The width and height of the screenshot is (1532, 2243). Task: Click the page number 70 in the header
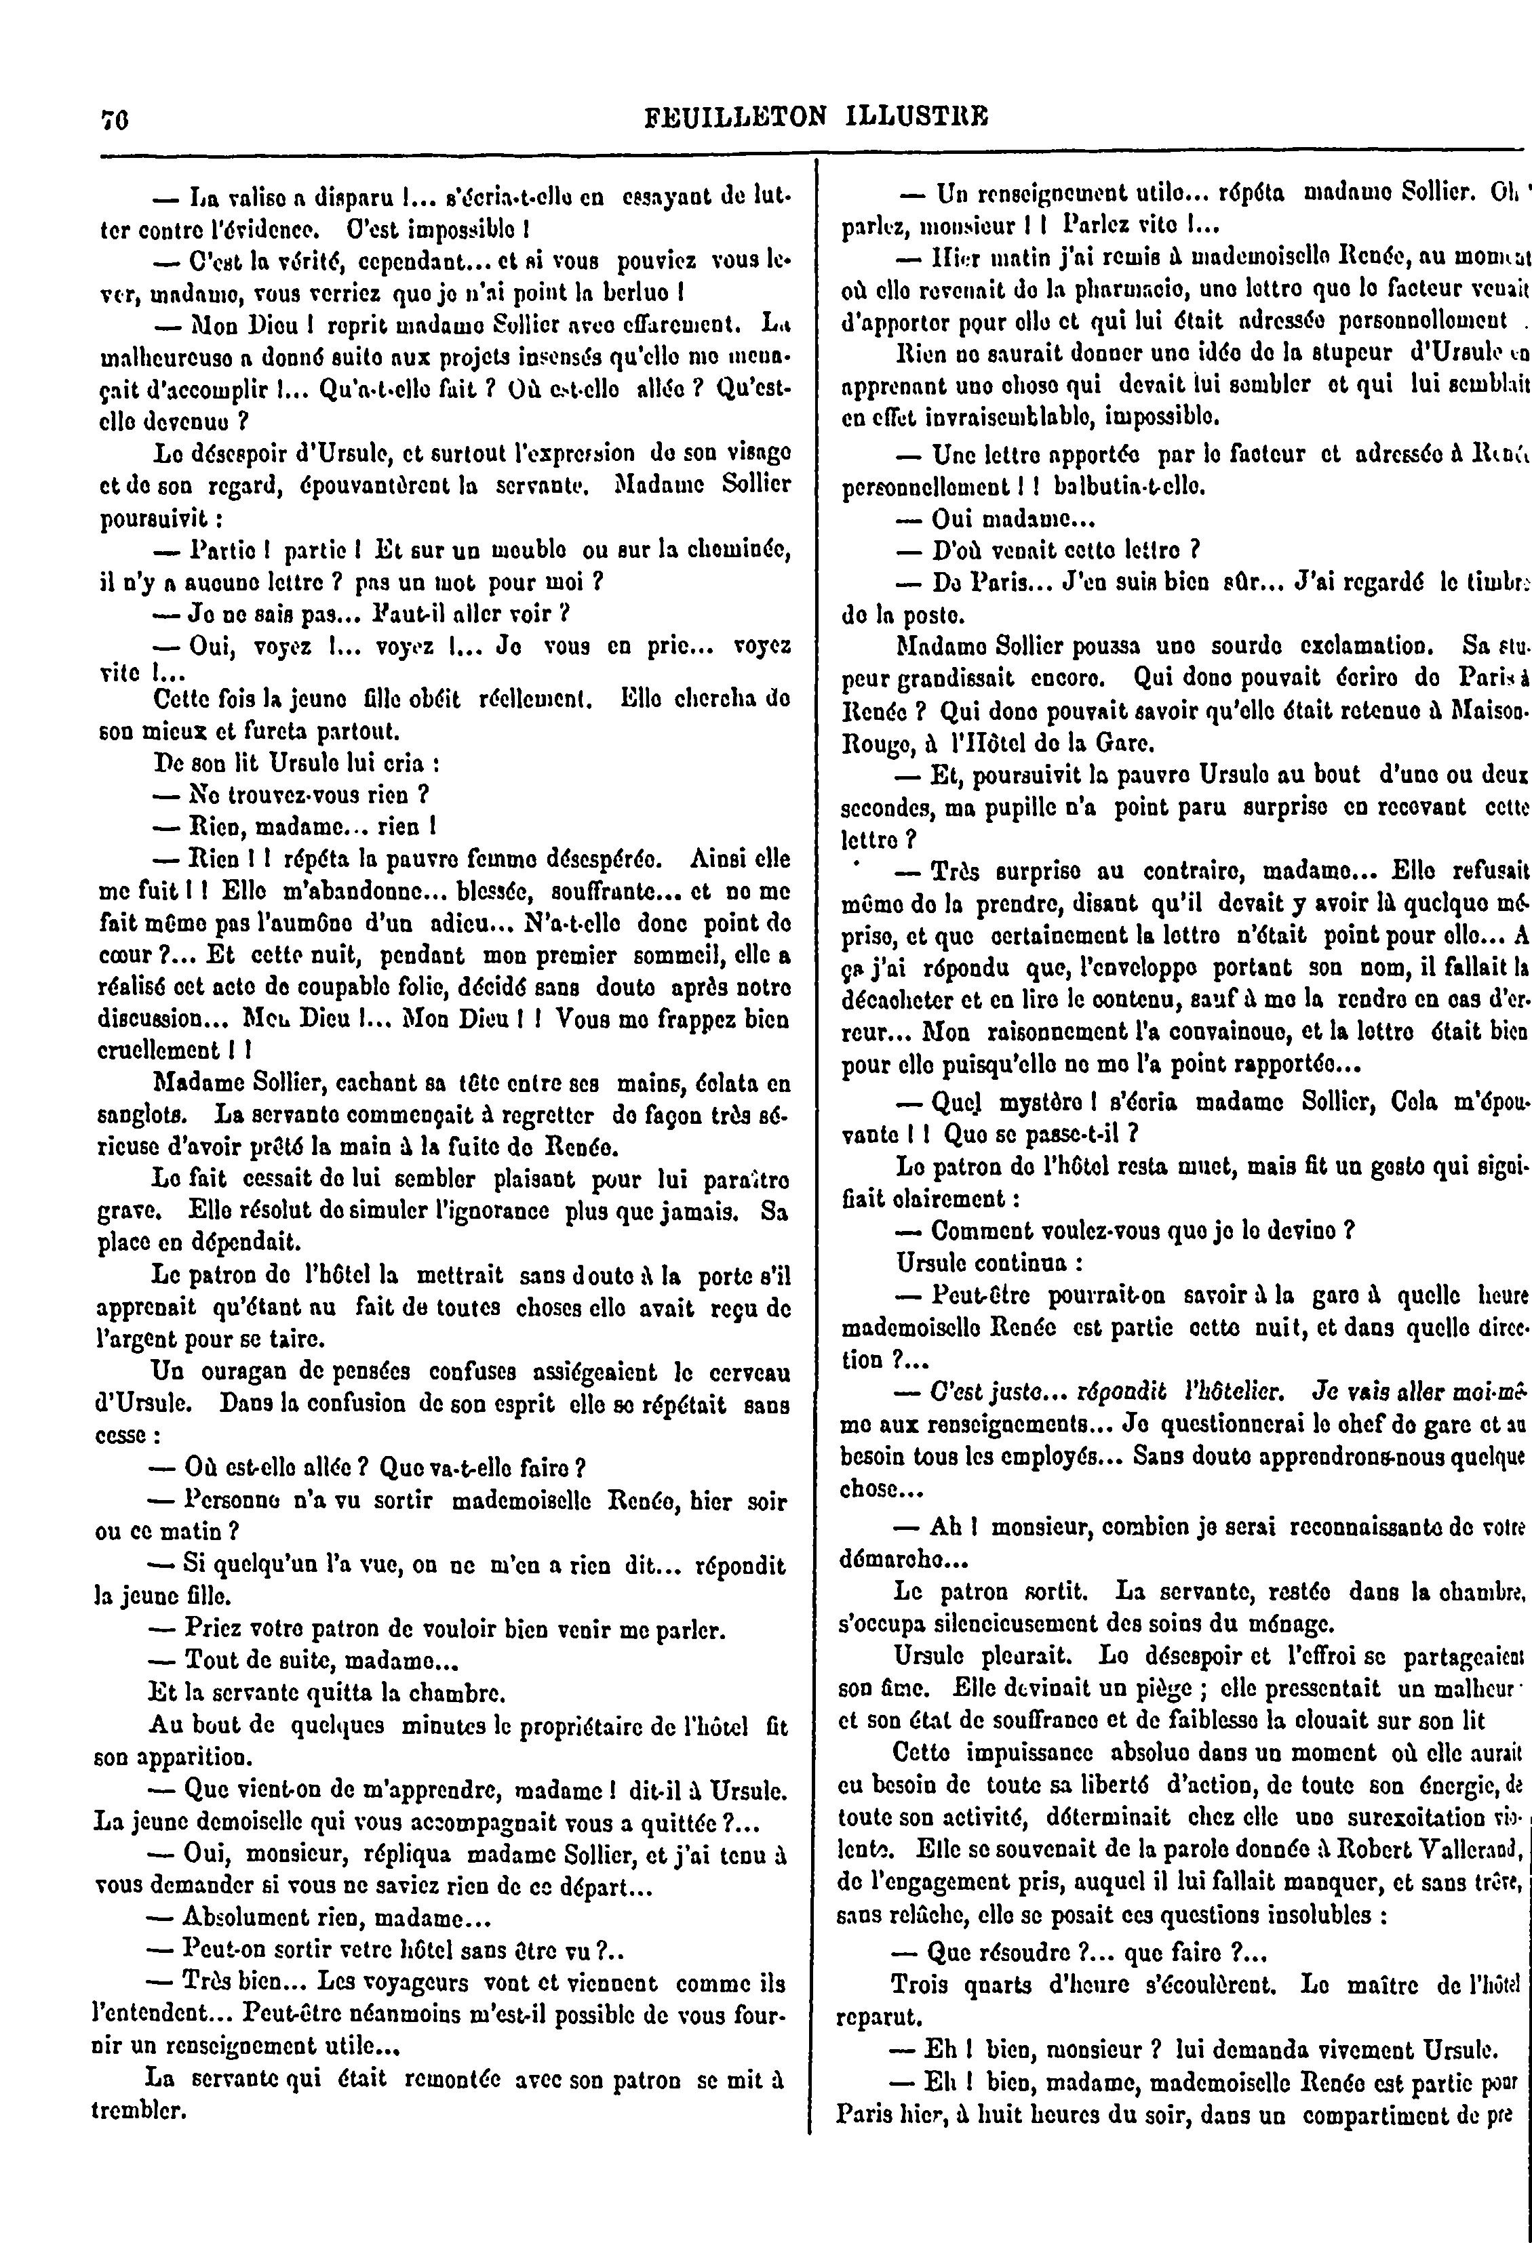coord(116,118)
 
